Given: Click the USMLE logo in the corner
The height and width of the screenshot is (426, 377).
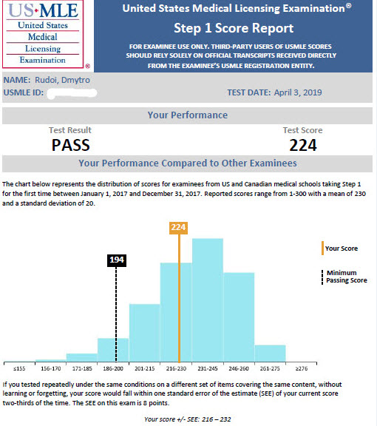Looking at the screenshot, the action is (43, 34).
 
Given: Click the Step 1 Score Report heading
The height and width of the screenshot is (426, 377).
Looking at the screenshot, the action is (234, 28).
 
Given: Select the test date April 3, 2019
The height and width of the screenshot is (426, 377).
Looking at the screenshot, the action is (298, 92).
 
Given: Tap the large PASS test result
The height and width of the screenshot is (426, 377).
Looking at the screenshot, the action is (71, 145).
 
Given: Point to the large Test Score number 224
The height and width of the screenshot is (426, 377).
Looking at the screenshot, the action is (303, 146).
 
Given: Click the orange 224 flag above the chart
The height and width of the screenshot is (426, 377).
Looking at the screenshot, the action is (178, 228).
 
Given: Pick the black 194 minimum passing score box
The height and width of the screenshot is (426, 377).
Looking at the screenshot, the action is (117, 260).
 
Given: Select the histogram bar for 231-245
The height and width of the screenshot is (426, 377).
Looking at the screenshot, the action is (208, 300).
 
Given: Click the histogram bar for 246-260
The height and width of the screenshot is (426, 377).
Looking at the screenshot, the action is (239, 317).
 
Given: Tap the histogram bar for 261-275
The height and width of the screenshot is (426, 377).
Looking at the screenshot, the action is (271, 354).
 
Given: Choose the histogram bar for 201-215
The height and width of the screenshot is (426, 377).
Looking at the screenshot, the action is (144, 333).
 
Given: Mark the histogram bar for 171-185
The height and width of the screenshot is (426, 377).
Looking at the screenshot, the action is (82, 358).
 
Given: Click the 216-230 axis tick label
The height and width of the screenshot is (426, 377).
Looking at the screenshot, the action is (176, 368).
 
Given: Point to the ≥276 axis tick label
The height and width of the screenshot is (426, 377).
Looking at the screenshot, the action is (302, 368).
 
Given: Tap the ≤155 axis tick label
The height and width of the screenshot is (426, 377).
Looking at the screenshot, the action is (19, 368).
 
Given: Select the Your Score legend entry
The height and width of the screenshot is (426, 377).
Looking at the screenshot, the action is (339, 248).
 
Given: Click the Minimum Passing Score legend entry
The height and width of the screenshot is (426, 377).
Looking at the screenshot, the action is (344, 277).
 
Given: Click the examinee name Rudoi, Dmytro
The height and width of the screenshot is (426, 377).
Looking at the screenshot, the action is (62, 80).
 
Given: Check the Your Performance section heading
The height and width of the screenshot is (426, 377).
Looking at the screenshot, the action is (188, 115).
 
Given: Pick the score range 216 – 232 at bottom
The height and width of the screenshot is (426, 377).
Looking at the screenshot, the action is (216, 419).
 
